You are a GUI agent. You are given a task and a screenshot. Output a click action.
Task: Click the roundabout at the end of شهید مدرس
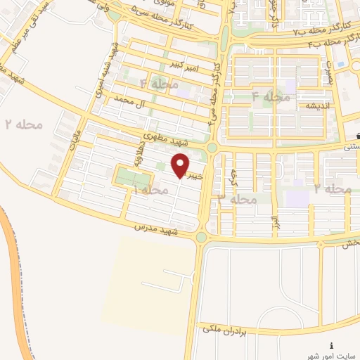(x=202, y=238)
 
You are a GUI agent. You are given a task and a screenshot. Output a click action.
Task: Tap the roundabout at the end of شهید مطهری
(x=212, y=148)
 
